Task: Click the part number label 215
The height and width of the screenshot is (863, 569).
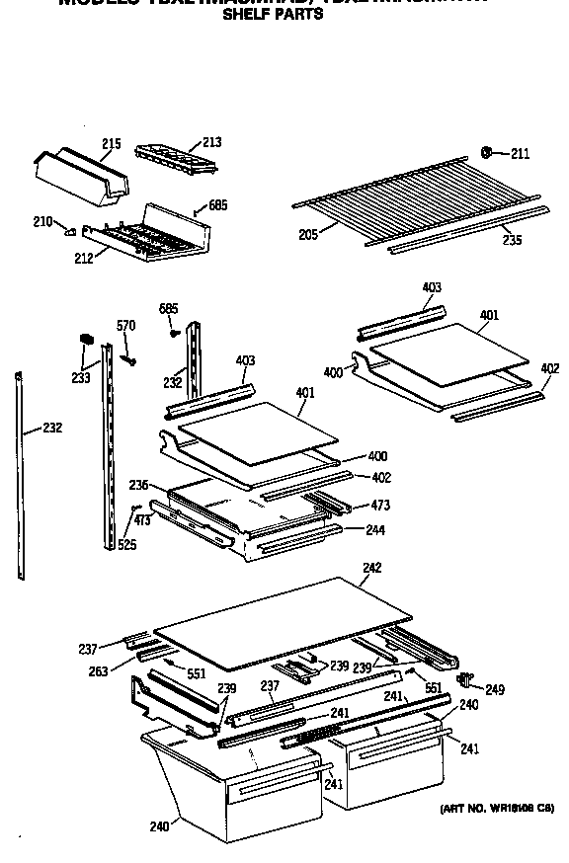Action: coord(112,144)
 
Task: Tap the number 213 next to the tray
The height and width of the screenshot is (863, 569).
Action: coord(211,142)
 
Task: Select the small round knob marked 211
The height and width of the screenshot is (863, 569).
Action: coord(487,152)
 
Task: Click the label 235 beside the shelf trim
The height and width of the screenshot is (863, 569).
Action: coord(511,239)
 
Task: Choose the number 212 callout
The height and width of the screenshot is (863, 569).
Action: coord(83,259)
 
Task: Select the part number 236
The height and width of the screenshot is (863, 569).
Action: coord(138,485)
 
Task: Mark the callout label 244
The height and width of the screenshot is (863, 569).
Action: coord(375,530)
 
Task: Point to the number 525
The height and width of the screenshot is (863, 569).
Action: coord(127,545)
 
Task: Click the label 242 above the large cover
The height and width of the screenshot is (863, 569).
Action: coord(371,568)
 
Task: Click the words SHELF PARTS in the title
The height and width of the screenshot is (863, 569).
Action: coord(273,15)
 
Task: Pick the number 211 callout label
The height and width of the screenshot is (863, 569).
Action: coord(520,153)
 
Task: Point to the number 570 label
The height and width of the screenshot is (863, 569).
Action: coord(126,326)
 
